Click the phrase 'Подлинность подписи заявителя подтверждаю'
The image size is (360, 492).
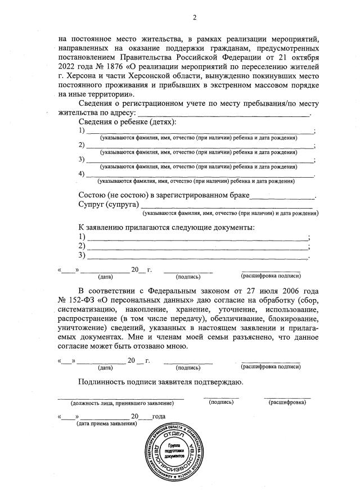(x=160, y=382)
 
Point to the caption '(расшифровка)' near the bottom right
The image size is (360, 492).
(x=287, y=403)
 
